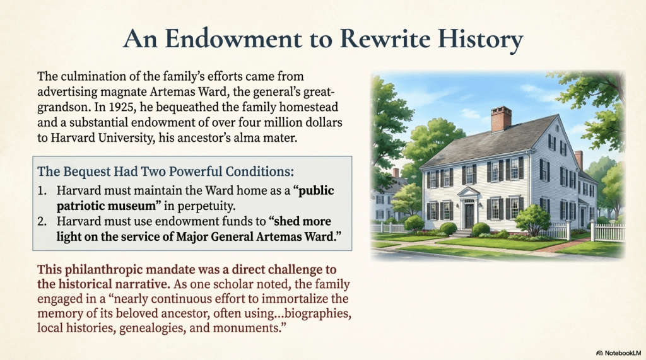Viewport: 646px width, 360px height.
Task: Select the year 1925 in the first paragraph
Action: click(x=122, y=107)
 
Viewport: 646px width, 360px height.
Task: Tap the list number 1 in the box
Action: click(x=42, y=190)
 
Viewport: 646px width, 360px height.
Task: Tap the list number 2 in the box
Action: click(x=42, y=221)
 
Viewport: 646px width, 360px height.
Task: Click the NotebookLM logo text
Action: click(x=623, y=353)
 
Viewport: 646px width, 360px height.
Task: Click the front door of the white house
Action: click(x=469, y=215)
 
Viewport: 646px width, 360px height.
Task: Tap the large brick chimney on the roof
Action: click(x=500, y=119)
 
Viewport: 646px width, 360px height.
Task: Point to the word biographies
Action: click(x=318, y=314)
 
